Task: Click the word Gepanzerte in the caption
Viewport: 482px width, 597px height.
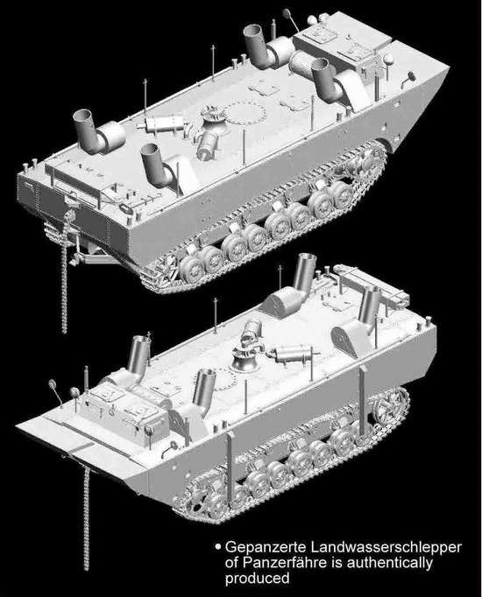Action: click(x=266, y=548)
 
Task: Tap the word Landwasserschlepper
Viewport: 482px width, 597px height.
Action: click(x=386, y=548)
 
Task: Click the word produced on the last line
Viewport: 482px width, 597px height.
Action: click(x=257, y=579)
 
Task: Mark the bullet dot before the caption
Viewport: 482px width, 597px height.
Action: click(x=218, y=547)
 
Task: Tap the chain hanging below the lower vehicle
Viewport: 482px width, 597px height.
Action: click(x=87, y=518)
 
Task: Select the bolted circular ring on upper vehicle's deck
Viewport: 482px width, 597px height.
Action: click(x=245, y=113)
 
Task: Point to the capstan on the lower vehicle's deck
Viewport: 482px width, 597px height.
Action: click(x=243, y=360)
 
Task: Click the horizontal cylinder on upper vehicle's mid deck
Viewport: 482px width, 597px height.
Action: click(x=164, y=123)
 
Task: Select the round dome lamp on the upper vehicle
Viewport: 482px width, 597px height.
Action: click(x=389, y=60)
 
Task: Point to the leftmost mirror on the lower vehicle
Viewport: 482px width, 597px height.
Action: click(x=53, y=385)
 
